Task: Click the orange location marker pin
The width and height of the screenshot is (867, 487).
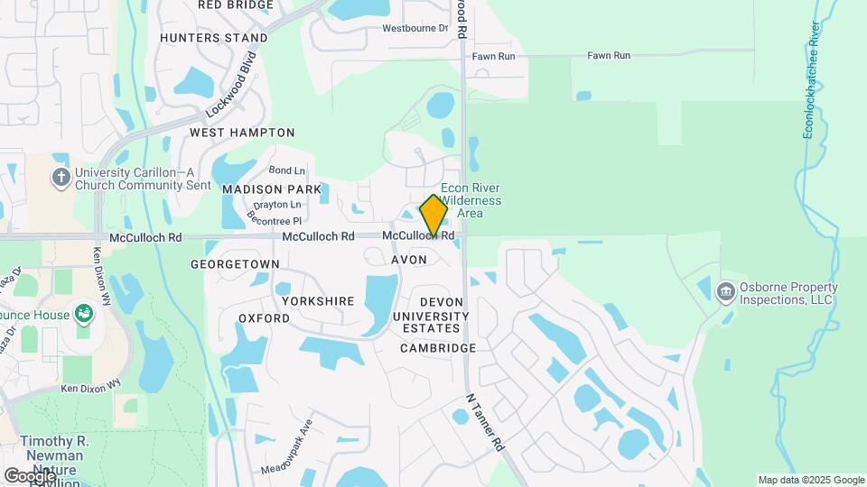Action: [433, 215]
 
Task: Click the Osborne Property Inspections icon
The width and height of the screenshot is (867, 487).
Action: [724, 292]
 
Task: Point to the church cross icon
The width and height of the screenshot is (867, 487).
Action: [61, 177]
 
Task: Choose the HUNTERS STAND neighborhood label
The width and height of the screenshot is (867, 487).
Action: [214, 38]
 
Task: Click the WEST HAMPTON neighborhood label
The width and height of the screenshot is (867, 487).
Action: [230, 132]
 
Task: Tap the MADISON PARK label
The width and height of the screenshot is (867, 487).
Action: [271, 189]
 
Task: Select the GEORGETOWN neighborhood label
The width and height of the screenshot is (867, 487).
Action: [235, 264]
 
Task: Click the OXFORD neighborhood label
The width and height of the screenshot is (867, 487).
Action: [264, 318]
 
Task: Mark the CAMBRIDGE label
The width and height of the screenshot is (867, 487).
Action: [438, 348]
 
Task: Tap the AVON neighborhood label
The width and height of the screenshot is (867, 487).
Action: [409, 260]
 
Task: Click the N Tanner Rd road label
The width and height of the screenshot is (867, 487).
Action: [485, 422]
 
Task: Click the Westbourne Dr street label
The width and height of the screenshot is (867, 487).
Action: [415, 28]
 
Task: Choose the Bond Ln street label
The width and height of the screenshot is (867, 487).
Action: [287, 170]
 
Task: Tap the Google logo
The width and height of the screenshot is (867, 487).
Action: [30, 475]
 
